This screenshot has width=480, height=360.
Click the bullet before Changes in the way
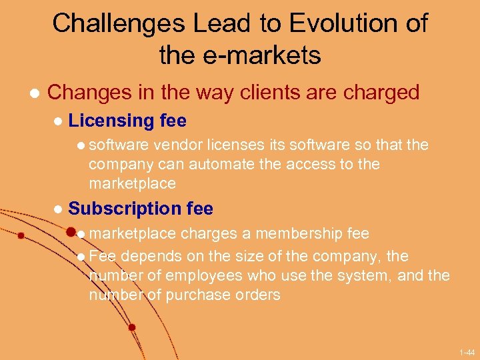[x=27, y=93]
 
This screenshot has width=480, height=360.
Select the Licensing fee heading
[x=127, y=121]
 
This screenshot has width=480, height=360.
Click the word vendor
[x=177, y=145]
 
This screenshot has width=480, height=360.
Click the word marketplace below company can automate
[x=132, y=183]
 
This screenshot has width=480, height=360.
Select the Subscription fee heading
[x=141, y=209]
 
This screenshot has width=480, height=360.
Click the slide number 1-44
[x=467, y=351]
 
